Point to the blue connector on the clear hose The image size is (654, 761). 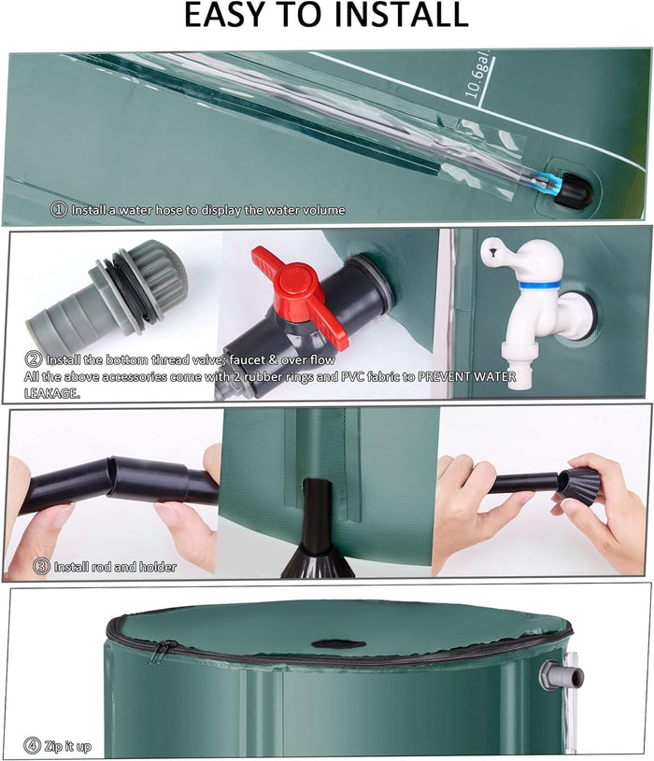point(550,183)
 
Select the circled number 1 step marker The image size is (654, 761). point(59,210)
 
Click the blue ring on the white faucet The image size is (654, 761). point(538,285)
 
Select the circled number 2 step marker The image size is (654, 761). point(33,359)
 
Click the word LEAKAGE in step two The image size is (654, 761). point(51,393)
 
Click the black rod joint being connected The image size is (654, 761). point(149,478)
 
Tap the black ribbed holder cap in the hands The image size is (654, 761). point(577,486)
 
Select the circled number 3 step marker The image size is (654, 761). point(41,567)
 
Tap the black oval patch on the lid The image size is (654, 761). point(338,644)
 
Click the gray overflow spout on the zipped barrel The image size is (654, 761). point(562,675)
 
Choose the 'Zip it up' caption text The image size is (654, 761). point(67,746)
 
